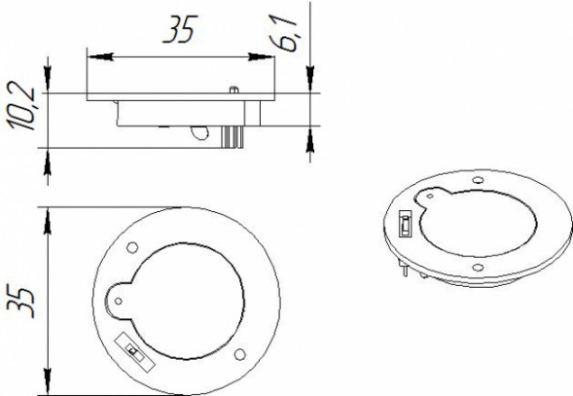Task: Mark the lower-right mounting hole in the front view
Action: (x=239, y=352)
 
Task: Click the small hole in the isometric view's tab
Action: (x=429, y=199)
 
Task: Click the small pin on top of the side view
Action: (x=235, y=90)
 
